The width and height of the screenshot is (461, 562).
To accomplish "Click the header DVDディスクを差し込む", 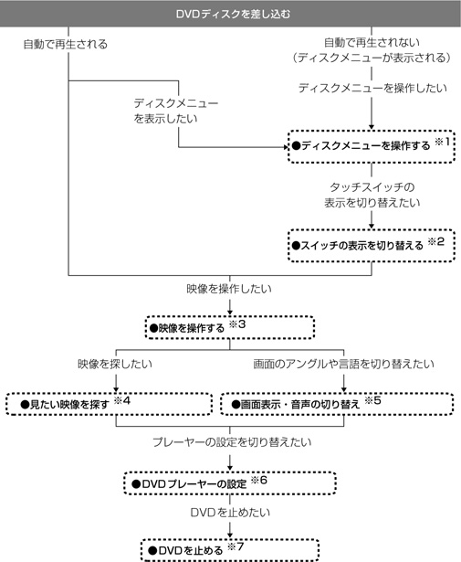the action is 233,14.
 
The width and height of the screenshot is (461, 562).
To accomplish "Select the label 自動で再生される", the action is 66,44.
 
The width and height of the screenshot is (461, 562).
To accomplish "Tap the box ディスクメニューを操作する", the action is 372,147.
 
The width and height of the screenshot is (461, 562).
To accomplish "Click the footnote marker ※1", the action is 442,142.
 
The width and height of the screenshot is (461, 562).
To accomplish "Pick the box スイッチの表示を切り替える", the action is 372,246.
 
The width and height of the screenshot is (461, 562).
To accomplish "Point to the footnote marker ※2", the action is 436,241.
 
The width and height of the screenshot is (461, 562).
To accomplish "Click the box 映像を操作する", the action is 230,327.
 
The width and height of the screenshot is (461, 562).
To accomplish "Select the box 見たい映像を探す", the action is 110,404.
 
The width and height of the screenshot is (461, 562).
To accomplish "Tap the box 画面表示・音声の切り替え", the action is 337,404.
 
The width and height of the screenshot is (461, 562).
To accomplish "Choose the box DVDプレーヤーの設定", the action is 230,483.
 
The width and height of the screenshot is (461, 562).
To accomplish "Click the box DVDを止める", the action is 230,550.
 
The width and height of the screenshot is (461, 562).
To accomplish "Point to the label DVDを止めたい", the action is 230,513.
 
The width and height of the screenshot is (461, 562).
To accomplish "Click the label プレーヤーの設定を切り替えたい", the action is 232,442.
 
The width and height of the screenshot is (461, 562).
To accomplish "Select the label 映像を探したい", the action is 115,364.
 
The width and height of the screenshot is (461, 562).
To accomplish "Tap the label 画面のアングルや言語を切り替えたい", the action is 343,364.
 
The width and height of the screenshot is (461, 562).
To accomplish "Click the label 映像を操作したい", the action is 229,289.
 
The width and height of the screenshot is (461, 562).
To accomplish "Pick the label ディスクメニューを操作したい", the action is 372,88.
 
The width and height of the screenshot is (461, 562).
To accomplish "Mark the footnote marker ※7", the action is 236,546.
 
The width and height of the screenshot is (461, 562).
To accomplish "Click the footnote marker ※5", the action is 372,400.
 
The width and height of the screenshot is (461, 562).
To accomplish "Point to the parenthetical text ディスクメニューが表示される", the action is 372,58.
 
